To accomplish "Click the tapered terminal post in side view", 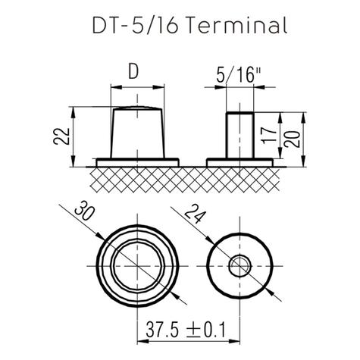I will pyautogui.click(x=137, y=133).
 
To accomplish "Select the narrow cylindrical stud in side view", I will pyautogui.click(x=240, y=135).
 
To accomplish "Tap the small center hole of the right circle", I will pyautogui.click(x=240, y=265).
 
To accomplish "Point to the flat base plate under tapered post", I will pyautogui.click(x=137, y=161).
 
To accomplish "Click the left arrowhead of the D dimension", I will pyautogui.click(x=114, y=87).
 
